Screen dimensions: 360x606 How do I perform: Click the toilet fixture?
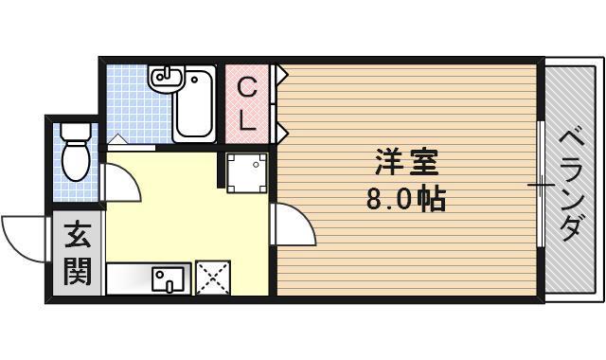point(75,155)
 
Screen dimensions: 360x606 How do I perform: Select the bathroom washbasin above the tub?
point(166,81)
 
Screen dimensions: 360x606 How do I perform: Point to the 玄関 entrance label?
point(77,254)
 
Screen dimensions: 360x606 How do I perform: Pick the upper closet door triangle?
point(281,72)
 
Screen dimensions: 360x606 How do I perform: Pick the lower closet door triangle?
point(281,130)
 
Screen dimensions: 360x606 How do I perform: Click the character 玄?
point(77,236)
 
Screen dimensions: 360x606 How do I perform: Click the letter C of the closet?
point(246,88)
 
